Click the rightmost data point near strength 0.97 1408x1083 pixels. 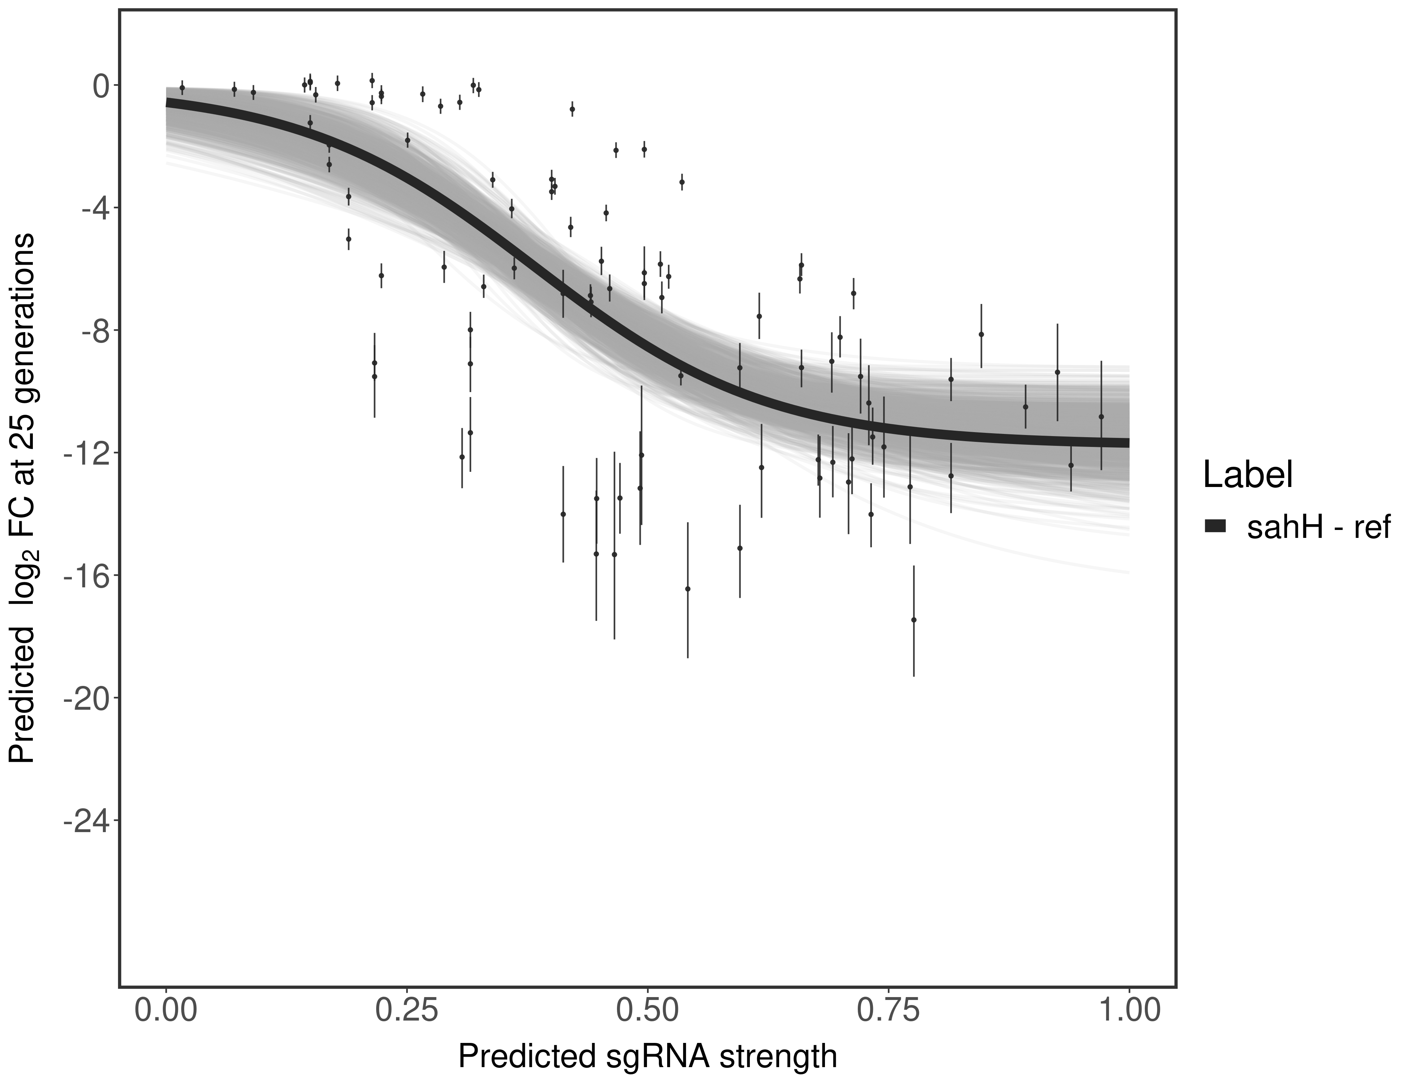coord(1101,417)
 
